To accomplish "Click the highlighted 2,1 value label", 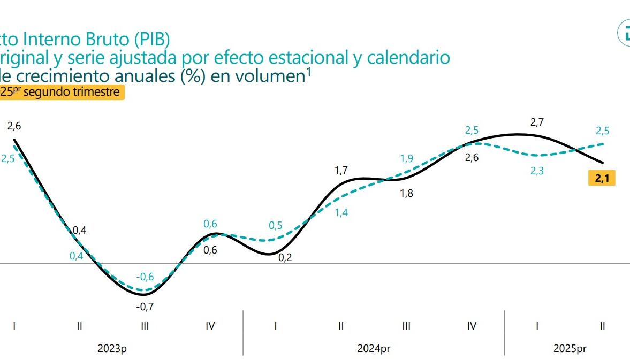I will coord(602,178).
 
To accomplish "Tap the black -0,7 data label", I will coord(145,307).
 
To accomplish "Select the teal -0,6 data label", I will coord(145,277).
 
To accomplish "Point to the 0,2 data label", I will coord(285,258).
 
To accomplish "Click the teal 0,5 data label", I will coord(276,226).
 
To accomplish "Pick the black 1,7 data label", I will coord(341,171).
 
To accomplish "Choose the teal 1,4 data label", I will coord(341,212).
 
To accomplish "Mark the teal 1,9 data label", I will coord(407,158).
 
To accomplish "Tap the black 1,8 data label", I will coord(407,194).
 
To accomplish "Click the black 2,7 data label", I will coord(537,122).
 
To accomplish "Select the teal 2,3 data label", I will coord(537,171).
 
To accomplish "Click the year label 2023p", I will coord(112,349).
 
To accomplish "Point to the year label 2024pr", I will coord(374,349).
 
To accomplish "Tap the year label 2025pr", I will coord(570,349).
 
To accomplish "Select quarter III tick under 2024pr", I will coord(406,326).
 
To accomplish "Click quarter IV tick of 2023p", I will coord(210,326).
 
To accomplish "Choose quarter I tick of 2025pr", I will coord(537,326).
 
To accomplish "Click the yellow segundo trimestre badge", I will coord(62,92).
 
